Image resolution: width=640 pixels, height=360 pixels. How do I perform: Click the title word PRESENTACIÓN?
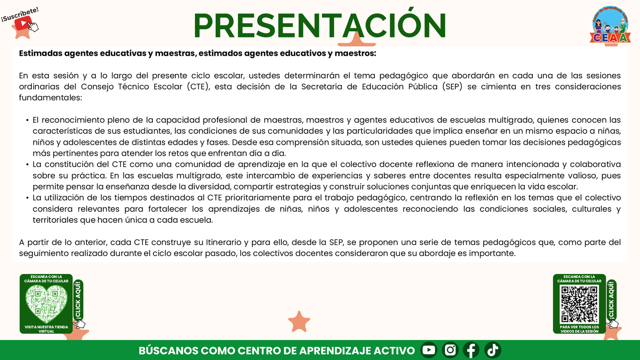[319, 26]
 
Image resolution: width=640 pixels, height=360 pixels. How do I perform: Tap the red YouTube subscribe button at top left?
[23, 23]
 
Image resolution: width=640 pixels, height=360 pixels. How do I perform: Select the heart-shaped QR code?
[46, 304]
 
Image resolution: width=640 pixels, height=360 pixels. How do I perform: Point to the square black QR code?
[579, 304]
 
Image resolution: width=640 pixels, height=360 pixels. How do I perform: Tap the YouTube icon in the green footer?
[428, 350]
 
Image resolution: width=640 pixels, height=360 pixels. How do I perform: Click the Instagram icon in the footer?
[450, 350]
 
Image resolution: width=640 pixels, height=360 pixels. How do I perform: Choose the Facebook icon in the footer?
[471, 350]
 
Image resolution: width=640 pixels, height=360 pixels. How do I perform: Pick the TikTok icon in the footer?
[493, 350]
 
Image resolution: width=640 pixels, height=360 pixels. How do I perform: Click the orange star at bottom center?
[299, 321]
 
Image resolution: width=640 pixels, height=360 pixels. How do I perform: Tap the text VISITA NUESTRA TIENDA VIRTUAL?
[46, 329]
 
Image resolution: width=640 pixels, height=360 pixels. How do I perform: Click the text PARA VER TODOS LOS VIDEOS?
[579, 329]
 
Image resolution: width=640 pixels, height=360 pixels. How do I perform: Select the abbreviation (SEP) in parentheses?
[452, 86]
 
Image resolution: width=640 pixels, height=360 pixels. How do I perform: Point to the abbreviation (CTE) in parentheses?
[198, 86]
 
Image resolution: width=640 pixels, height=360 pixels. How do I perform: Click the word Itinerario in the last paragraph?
[223, 242]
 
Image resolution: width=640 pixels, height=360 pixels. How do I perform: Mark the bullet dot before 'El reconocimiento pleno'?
[27, 120]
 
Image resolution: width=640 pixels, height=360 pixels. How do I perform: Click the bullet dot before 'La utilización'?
[27, 198]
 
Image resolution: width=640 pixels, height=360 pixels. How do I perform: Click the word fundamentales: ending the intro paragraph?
[50, 97]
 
